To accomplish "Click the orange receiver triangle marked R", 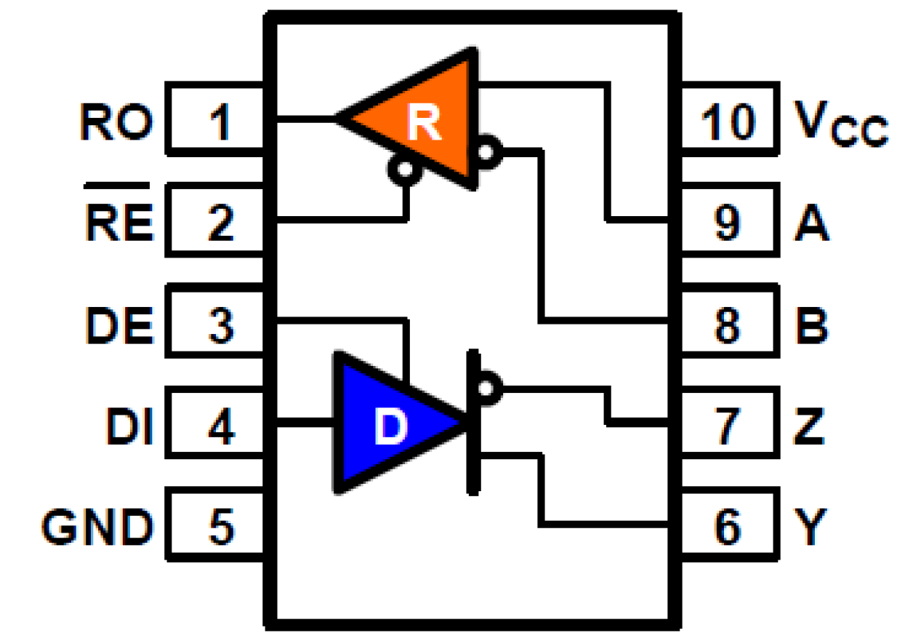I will (429, 121).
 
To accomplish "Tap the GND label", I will (97, 525).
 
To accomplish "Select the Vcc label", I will (840, 124).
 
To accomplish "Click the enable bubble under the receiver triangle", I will (404, 171).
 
